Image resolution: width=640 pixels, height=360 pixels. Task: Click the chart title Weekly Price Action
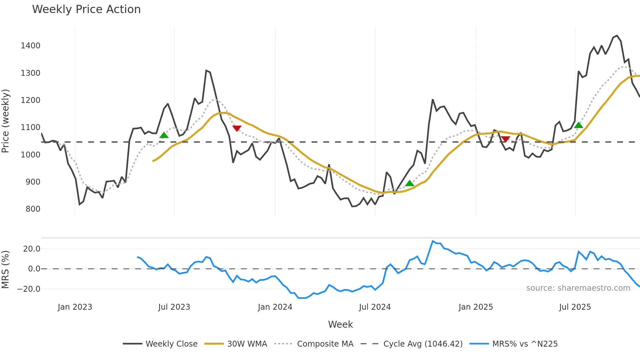[86, 9]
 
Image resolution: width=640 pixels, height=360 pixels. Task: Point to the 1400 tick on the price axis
[30, 46]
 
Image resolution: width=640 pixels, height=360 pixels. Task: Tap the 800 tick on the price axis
[33, 209]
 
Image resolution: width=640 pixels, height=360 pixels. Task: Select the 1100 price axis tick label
[30, 127]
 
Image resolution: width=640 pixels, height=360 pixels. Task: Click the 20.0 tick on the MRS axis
[32, 249]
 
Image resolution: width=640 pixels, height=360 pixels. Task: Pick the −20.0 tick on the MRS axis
[29, 289]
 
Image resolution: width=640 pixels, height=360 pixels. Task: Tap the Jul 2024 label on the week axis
[375, 307]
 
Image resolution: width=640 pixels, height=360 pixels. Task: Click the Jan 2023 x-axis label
[75, 307]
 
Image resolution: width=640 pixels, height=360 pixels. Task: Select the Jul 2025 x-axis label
[575, 307]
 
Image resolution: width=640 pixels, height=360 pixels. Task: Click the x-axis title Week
[340, 324]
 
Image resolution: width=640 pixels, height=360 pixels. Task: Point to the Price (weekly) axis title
[5, 121]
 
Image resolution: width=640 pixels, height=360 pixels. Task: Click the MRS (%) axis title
[5, 270]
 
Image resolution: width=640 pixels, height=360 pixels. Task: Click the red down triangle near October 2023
[237, 128]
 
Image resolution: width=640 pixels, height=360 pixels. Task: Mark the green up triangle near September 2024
[409, 183]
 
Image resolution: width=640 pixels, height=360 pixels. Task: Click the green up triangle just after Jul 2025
[578, 125]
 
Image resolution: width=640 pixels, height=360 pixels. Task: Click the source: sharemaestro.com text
[578, 288]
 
